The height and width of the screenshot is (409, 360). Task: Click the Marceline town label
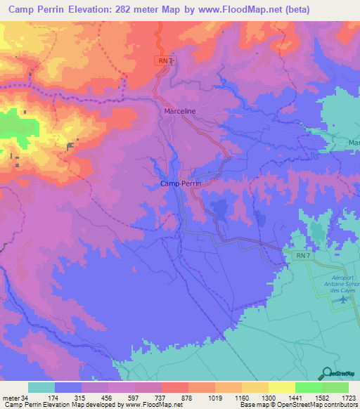point(179,111)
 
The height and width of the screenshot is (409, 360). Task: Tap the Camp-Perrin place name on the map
point(181,183)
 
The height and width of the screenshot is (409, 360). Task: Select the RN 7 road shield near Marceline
point(163,61)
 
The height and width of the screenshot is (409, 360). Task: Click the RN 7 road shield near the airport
point(302,257)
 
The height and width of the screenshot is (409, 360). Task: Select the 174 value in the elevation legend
point(68,397)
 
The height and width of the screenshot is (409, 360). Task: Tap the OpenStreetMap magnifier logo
point(326,373)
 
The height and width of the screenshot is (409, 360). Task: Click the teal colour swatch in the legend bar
point(41,387)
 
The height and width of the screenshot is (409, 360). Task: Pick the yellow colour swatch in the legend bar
point(282,387)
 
